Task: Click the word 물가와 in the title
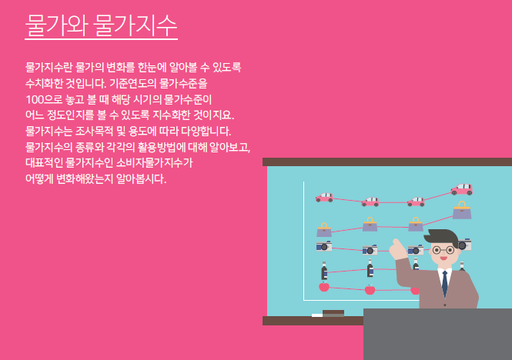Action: click(56, 25)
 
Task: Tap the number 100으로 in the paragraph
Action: click(44, 99)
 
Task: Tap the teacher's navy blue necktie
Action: click(445, 283)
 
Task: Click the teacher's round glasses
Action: click(443, 251)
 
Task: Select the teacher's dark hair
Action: click(441, 238)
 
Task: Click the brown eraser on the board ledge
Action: click(333, 313)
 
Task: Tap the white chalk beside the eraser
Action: click(317, 315)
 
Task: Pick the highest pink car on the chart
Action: click(461, 190)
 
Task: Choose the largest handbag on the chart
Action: click(462, 210)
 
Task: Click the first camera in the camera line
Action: click(324, 246)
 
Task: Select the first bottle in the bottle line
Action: click(324, 271)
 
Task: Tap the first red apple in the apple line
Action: click(324, 287)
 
